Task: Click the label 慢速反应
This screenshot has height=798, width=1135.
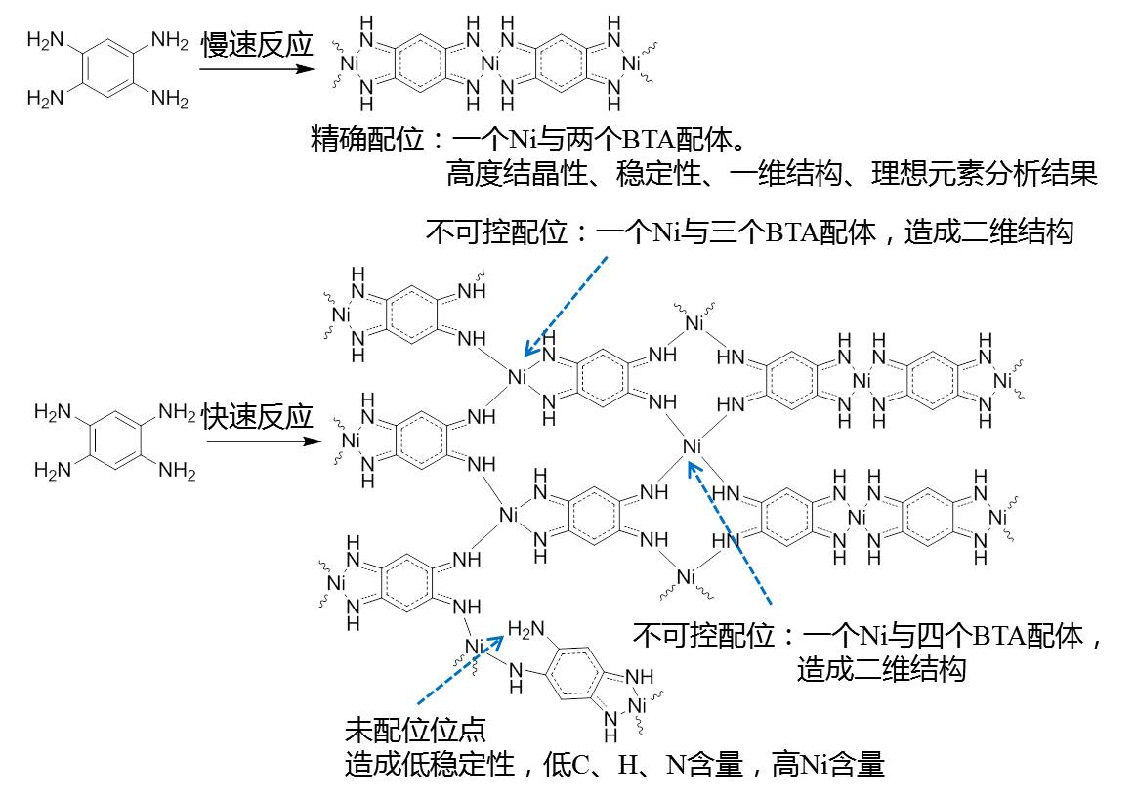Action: coord(257,45)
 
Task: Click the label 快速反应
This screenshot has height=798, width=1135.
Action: coord(257,417)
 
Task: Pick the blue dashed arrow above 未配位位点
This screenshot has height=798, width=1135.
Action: coord(459,669)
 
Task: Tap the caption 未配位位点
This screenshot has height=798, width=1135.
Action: coord(415,731)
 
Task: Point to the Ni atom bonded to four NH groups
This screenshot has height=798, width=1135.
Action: coord(692,447)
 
